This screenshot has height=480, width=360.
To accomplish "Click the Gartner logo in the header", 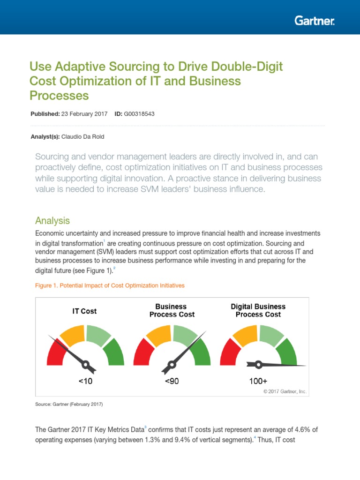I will (315, 21).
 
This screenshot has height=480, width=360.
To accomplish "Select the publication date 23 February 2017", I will (84, 114).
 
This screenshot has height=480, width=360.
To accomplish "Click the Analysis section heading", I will (52, 220).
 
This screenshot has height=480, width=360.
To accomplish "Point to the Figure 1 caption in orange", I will (110, 285).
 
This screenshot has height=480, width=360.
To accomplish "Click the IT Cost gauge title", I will (84, 311).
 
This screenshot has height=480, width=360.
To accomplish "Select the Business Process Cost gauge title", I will (172, 310).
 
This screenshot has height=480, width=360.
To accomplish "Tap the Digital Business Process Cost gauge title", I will (258, 310).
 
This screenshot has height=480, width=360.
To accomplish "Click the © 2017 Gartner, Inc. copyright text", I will (285, 391).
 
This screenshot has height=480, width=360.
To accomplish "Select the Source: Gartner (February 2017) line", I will (69, 404).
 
